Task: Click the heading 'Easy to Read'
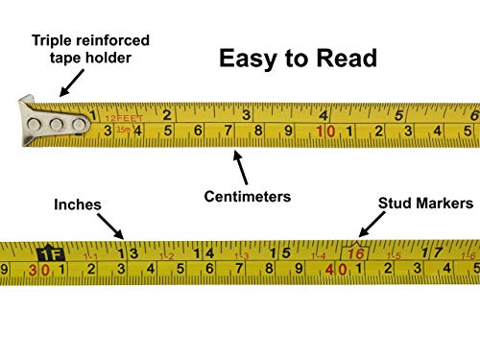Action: coord(298,58)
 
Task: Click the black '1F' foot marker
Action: coord(47,255)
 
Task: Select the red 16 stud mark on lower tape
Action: coord(356,254)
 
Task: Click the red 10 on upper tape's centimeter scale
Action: coord(325,132)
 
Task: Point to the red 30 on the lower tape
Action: coord(39,271)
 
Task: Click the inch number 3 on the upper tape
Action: coord(246,114)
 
